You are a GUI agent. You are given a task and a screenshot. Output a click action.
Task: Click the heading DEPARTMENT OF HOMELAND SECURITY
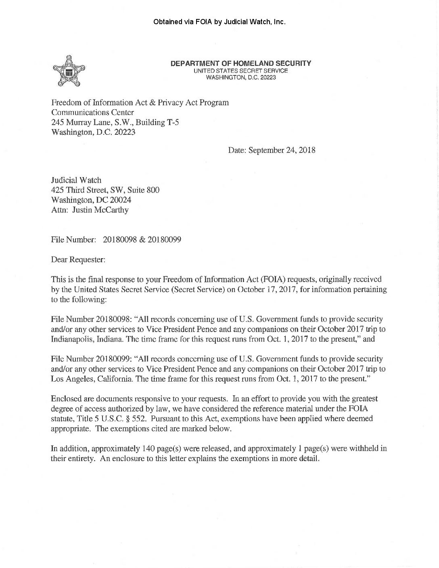tap(241, 63)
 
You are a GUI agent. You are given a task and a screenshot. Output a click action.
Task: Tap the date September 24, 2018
tap(282, 150)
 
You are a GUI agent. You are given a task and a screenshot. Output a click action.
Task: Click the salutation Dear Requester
tap(78, 260)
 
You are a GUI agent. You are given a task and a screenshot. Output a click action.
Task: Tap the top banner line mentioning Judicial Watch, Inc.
tap(219, 22)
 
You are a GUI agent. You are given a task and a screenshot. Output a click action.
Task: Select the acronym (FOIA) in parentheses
tap(270, 279)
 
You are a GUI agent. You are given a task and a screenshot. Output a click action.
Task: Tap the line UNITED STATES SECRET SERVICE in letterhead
tap(241, 71)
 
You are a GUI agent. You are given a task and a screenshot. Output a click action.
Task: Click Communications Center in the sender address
tap(92, 112)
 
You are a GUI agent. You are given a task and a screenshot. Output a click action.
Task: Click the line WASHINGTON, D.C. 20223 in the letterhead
tap(241, 77)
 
